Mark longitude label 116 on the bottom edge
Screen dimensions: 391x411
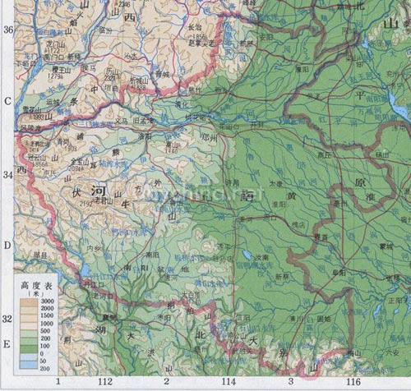[x=353, y=383]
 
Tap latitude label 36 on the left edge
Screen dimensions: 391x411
[x=9, y=30]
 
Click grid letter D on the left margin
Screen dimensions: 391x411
[x=7, y=246]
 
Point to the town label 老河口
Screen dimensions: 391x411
[x=103, y=296]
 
